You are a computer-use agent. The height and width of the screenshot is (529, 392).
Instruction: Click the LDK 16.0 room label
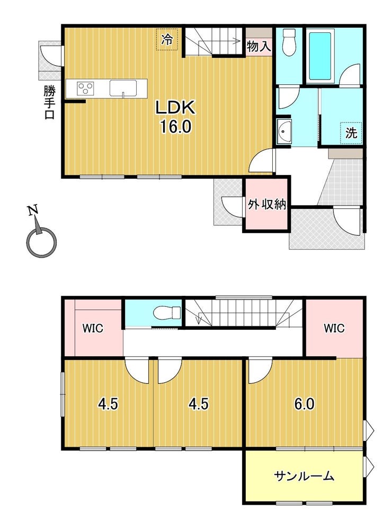(175, 117)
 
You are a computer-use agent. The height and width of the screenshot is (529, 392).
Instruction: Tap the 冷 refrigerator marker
(167, 40)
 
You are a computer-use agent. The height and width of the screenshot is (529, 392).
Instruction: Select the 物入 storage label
(259, 46)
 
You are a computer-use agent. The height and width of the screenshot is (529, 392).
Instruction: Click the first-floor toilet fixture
(289, 42)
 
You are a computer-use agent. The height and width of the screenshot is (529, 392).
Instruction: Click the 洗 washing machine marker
(351, 133)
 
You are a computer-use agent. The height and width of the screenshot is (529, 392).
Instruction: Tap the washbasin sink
(284, 131)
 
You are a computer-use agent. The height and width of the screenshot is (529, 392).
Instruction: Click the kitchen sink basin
(123, 89)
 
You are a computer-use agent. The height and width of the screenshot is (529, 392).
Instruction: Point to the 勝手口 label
(49, 102)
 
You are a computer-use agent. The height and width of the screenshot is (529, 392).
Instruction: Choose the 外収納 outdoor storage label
(266, 204)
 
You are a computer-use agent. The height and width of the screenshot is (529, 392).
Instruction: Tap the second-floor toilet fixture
(167, 312)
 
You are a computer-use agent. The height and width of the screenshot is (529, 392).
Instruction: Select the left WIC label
(93, 328)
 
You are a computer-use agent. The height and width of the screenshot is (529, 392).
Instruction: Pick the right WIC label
(334, 328)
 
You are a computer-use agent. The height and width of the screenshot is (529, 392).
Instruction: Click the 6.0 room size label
(305, 404)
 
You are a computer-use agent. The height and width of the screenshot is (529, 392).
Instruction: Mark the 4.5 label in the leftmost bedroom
(108, 404)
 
